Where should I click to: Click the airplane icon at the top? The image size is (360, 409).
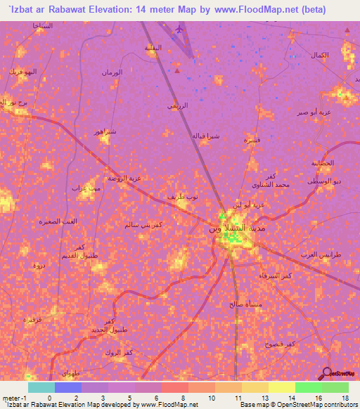pos(180,30)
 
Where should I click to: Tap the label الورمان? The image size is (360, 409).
pos(112,72)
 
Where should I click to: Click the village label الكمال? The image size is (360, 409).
pos(319,55)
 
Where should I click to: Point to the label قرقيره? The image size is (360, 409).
pos(33,319)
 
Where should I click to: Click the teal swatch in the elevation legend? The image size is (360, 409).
pos(41,387)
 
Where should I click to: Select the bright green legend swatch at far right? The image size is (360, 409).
pos(335,387)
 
